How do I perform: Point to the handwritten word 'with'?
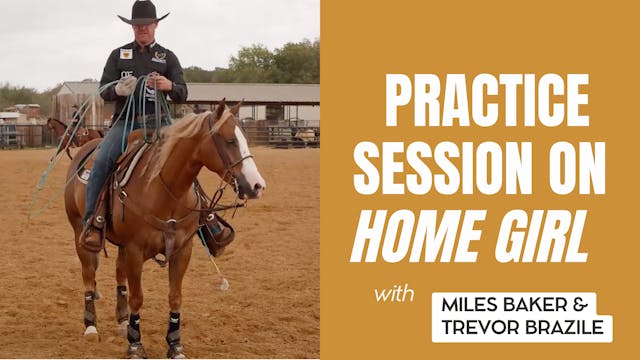tap(394, 296)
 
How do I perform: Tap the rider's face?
tap(144, 34)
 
